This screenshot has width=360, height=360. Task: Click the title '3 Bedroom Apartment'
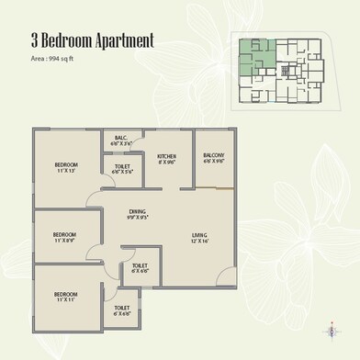click(80, 41)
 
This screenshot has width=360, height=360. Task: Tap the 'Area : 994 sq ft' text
click(40, 59)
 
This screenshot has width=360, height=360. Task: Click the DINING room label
click(139, 212)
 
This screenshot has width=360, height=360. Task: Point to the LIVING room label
click(199, 236)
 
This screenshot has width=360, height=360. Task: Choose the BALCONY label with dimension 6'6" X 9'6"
click(214, 155)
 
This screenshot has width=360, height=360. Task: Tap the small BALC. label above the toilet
click(121, 139)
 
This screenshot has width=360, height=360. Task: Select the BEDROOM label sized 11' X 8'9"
click(64, 234)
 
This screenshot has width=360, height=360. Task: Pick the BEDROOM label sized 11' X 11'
click(64, 295)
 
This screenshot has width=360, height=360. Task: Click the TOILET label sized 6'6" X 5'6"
click(123, 166)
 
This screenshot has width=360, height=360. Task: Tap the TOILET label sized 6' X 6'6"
click(140, 266)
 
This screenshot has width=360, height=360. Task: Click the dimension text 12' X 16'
click(199, 242)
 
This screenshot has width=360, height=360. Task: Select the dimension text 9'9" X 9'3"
click(139, 218)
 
